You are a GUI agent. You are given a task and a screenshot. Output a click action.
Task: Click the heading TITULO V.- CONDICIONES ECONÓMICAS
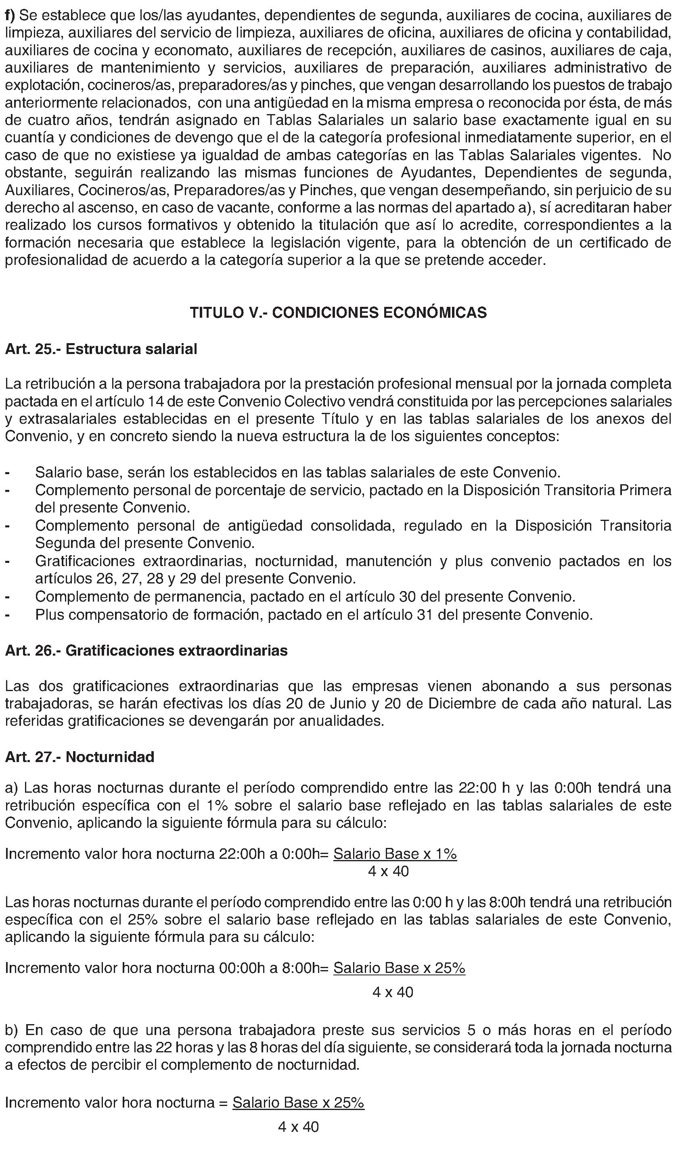(338, 312)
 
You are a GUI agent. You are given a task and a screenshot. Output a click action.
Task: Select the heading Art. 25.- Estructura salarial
(101, 349)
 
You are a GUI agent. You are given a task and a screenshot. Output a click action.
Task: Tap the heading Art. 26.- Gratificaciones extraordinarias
(146, 651)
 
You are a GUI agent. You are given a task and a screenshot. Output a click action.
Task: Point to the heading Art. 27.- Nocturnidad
(80, 757)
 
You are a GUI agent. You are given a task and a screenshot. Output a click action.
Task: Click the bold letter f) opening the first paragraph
(10, 16)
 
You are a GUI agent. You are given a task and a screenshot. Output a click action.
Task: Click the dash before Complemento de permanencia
(7, 597)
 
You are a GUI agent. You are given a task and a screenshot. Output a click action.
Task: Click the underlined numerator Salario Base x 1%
(395, 854)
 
